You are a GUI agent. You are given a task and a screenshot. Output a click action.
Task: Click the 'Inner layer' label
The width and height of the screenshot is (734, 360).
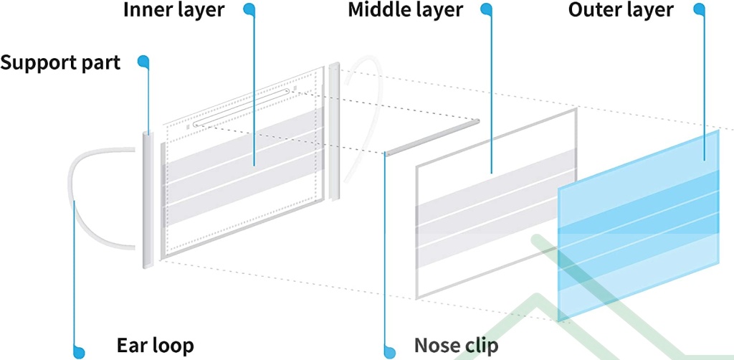coord(173,11)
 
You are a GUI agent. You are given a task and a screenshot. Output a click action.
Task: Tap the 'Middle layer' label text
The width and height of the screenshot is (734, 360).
coord(405,11)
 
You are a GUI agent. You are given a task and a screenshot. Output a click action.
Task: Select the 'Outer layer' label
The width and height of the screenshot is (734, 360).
coord(621,10)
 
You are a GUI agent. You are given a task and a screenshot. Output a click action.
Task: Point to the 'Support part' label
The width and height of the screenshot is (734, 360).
coord(60,62)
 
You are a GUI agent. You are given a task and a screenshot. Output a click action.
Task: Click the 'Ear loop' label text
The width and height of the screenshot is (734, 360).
coord(155,346)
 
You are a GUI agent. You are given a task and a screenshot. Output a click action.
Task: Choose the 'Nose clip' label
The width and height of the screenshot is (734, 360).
coord(455,346)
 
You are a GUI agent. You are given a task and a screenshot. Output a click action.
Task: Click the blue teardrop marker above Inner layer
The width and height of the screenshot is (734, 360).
coord(249,9)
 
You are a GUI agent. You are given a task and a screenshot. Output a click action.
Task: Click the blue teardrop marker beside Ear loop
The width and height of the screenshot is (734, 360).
coord(77,351)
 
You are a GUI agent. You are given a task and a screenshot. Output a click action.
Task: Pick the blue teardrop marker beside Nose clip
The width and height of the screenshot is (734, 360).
coord(389,351)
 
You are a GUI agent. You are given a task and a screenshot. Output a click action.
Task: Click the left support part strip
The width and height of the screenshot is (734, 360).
coord(147,201)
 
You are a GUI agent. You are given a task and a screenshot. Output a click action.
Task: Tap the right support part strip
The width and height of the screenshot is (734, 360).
coord(334,133)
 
